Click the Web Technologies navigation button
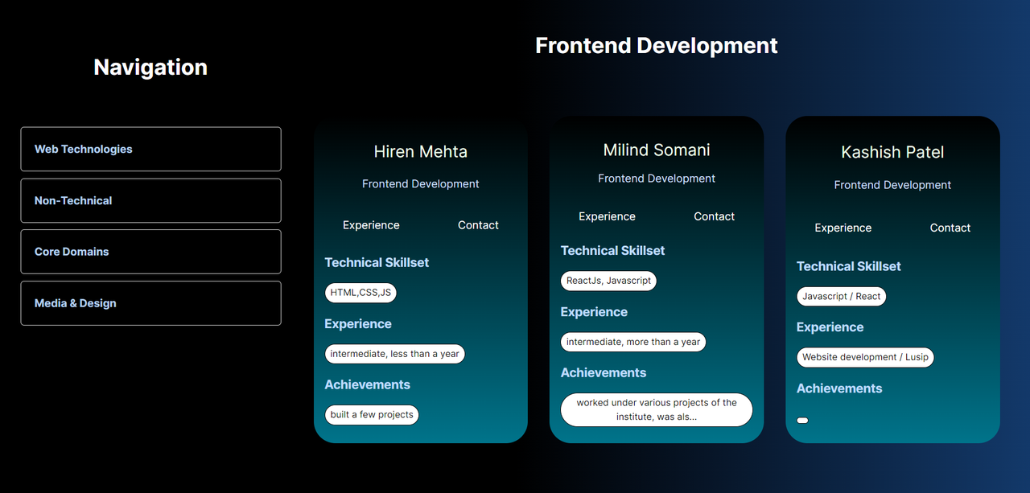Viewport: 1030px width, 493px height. pyautogui.click(x=150, y=149)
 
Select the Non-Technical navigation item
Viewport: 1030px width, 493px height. pyautogui.click(x=150, y=200)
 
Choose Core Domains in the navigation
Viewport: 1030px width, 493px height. pyautogui.click(x=150, y=252)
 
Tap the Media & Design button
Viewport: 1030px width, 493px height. pyautogui.click(x=150, y=303)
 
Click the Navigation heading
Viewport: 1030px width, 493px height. pyautogui.click(x=150, y=67)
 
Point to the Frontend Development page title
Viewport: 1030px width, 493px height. pyautogui.click(x=656, y=46)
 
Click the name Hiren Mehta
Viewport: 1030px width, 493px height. pyautogui.click(x=420, y=152)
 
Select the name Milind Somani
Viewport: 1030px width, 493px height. pyautogui.click(x=656, y=150)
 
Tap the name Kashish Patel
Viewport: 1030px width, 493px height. pyautogui.click(x=892, y=152)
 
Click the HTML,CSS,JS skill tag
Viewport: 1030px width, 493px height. pyautogui.click(x=360, y=293)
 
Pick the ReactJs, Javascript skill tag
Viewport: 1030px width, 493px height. pyautogui.click(x=608, y=281)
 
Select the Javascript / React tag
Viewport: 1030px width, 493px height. pyautogui.click(x=841, y=296)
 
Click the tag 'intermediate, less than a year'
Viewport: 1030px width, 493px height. pyautogui.click(x=394, y=354)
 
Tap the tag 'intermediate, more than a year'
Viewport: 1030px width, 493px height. pyautogui.click(x=632, y=342)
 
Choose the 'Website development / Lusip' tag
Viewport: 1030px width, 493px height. pyautogui.click(x=865, y=357)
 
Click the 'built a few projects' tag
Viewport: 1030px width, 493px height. pyautogui.click(x=372, y=414)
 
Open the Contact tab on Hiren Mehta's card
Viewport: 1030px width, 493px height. pyautogui.click(x=478, y=225)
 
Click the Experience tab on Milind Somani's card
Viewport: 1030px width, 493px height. pyautogui.click(x=607, y=216)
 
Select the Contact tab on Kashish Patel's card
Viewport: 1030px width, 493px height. pyautogui.click(x=950, y=228)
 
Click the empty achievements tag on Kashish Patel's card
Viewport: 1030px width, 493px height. pyautogui.click(x=802, y=421)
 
